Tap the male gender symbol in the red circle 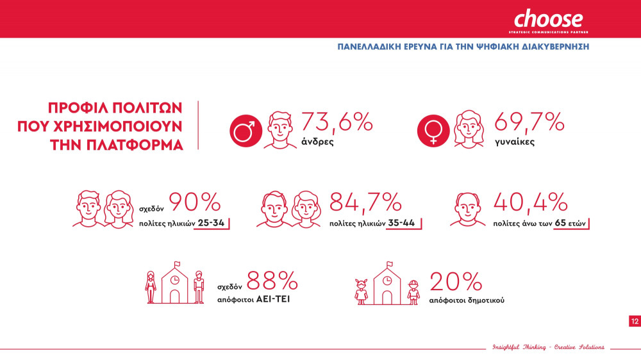click(244, 131)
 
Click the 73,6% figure click(337, 121)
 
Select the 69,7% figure click(529, 121)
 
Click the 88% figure click(272, 281)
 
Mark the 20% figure click(456, 281)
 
